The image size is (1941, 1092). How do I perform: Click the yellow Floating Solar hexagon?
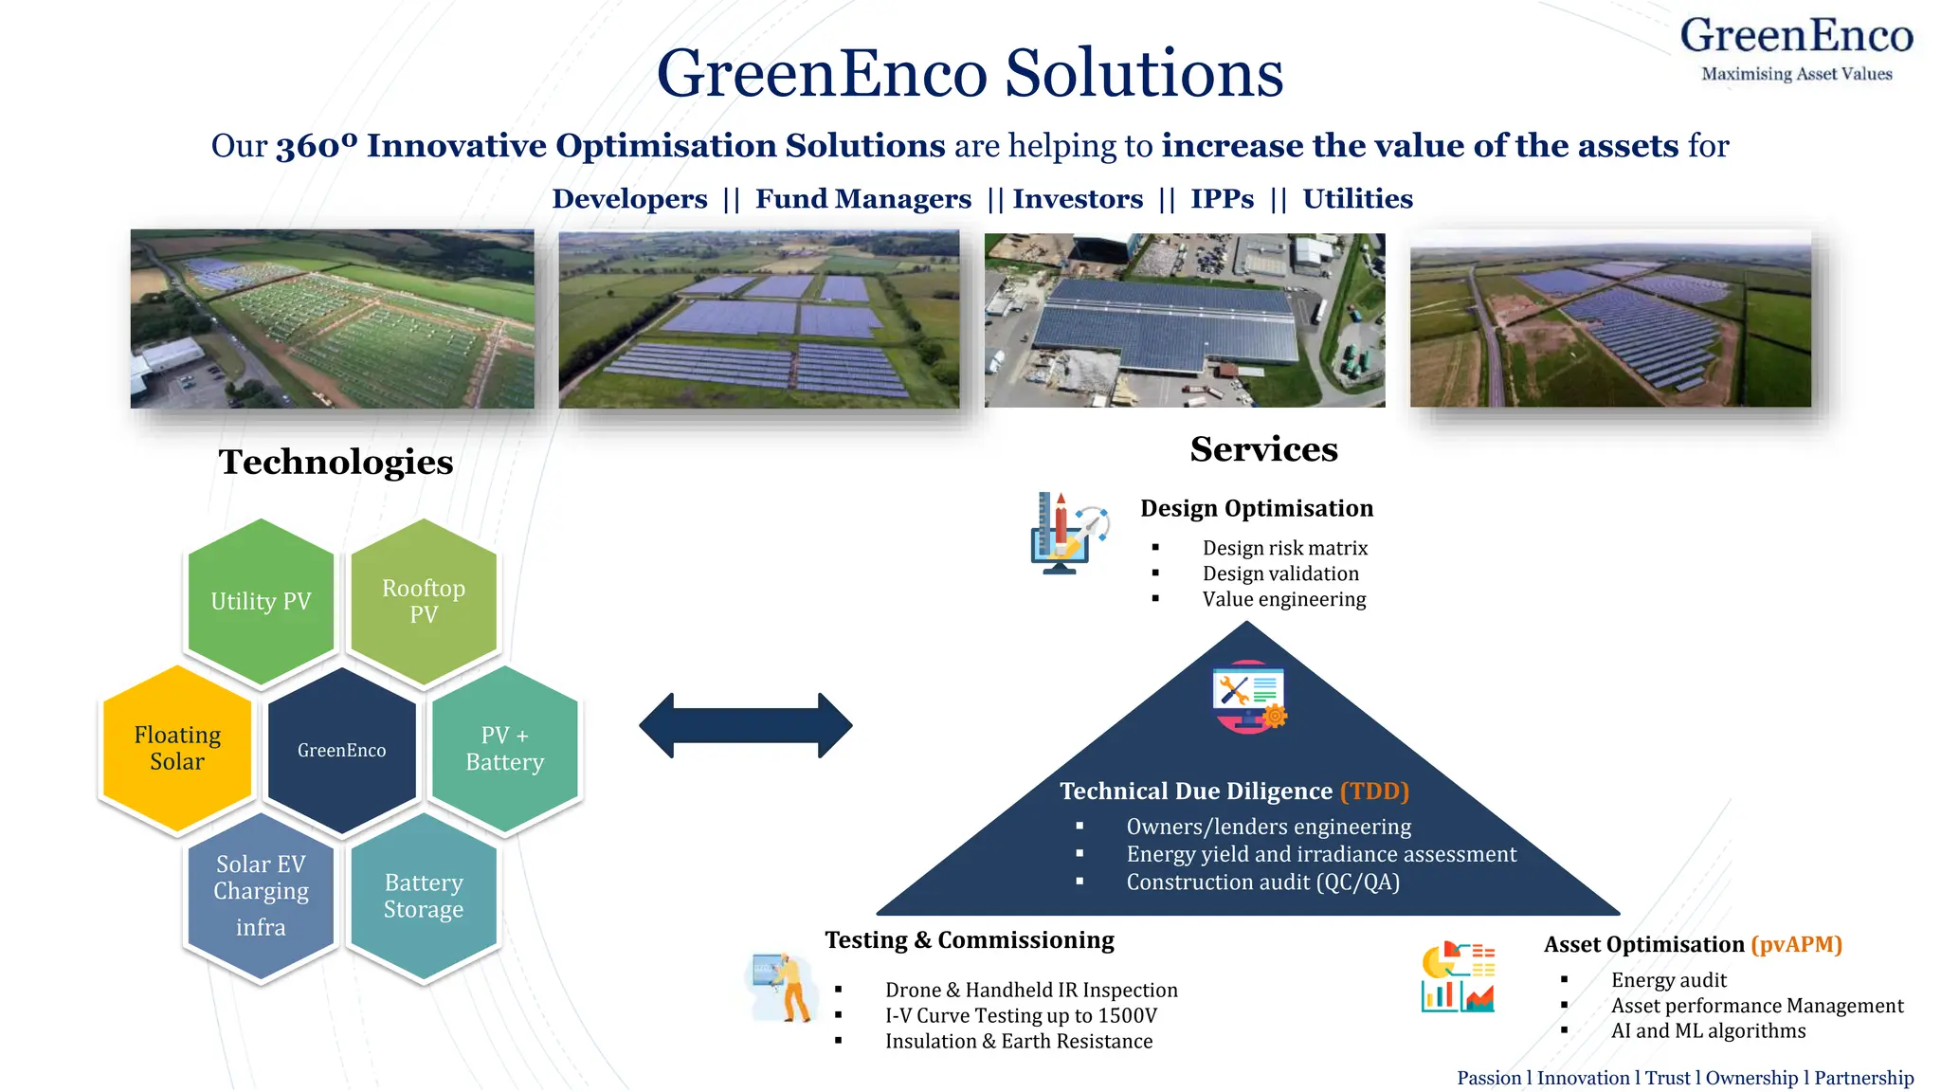(177, 749)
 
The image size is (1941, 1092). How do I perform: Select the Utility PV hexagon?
(261, 601)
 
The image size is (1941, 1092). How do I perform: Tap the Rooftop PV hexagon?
(424, 601)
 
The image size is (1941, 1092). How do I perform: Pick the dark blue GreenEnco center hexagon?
(342, 750)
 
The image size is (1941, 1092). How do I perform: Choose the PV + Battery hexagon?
(505, 749)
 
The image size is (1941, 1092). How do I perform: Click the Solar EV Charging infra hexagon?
(261, 895)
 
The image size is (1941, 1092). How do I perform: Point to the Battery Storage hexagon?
(424, 895)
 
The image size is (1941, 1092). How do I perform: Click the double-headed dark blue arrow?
(746, 725)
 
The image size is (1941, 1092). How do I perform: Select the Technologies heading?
(336, 463)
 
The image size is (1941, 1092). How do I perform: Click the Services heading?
(1263, 449)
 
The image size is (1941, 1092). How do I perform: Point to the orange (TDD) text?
(1374, 791)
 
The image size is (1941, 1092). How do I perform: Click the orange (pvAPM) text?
(1796, 944)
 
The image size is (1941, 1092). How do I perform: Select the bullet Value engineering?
(1284, 599)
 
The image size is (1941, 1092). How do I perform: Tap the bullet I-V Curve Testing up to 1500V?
(1021, 1015)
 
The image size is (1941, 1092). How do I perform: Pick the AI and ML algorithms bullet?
(1708, 1030)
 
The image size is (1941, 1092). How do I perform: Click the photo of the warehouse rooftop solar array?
(1185, 319)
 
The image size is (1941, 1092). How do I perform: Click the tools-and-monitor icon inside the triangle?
(1248, 697)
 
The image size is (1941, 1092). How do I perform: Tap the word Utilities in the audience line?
(1357, 199)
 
